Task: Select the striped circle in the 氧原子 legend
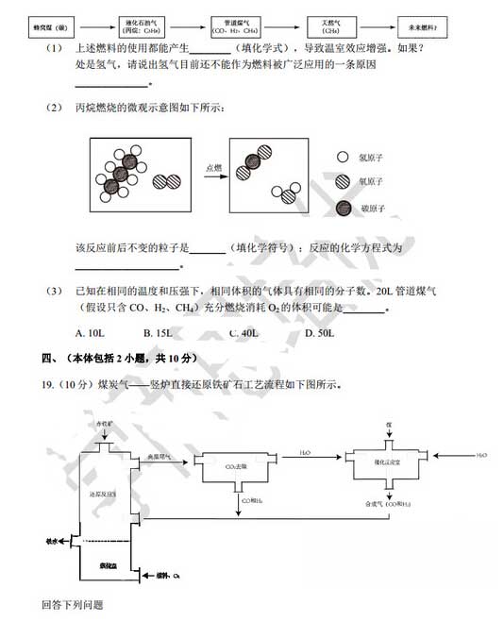[x=343, y=182]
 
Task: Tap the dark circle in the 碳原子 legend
[x=343, y=205]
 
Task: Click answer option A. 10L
[x=89, y=332]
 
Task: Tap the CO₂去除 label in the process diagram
[x=231, y=465]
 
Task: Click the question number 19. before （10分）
[x=48, y=385]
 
